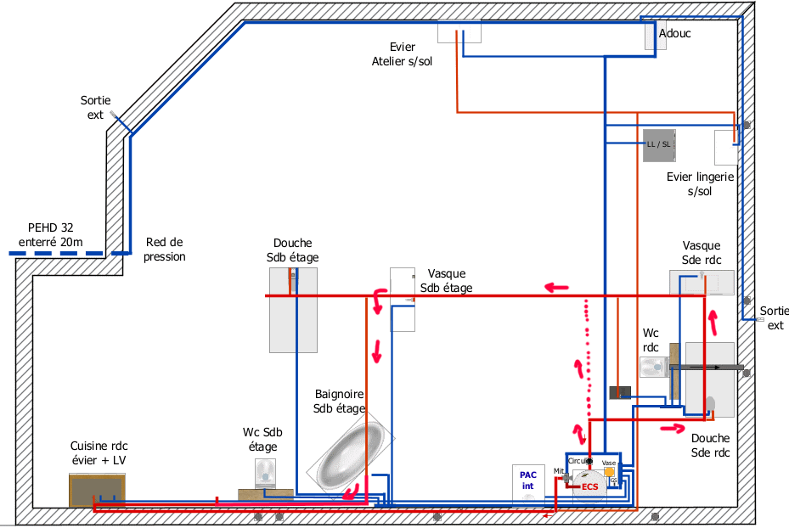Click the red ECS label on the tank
point(589,486)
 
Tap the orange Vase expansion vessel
point(609,472)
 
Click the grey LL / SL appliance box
point(658,144)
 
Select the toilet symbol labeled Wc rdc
point(654,368)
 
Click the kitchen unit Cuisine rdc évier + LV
point(97,489)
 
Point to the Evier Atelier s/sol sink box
point(459,32)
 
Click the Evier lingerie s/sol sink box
point(726,147)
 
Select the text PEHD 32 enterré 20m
point(55,235)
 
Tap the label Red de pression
point(164,249)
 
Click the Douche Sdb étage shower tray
point(293,310)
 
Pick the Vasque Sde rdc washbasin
point(701,282)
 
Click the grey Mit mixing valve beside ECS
point(566,479)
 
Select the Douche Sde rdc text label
point(710,446)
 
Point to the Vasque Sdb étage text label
point(446,281)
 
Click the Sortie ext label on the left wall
point(95,108)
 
